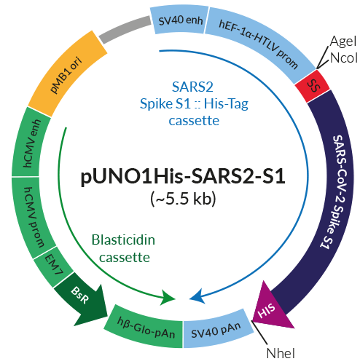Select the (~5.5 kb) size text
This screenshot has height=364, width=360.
pos(179,199)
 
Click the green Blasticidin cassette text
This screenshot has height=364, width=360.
pos(121,248)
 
